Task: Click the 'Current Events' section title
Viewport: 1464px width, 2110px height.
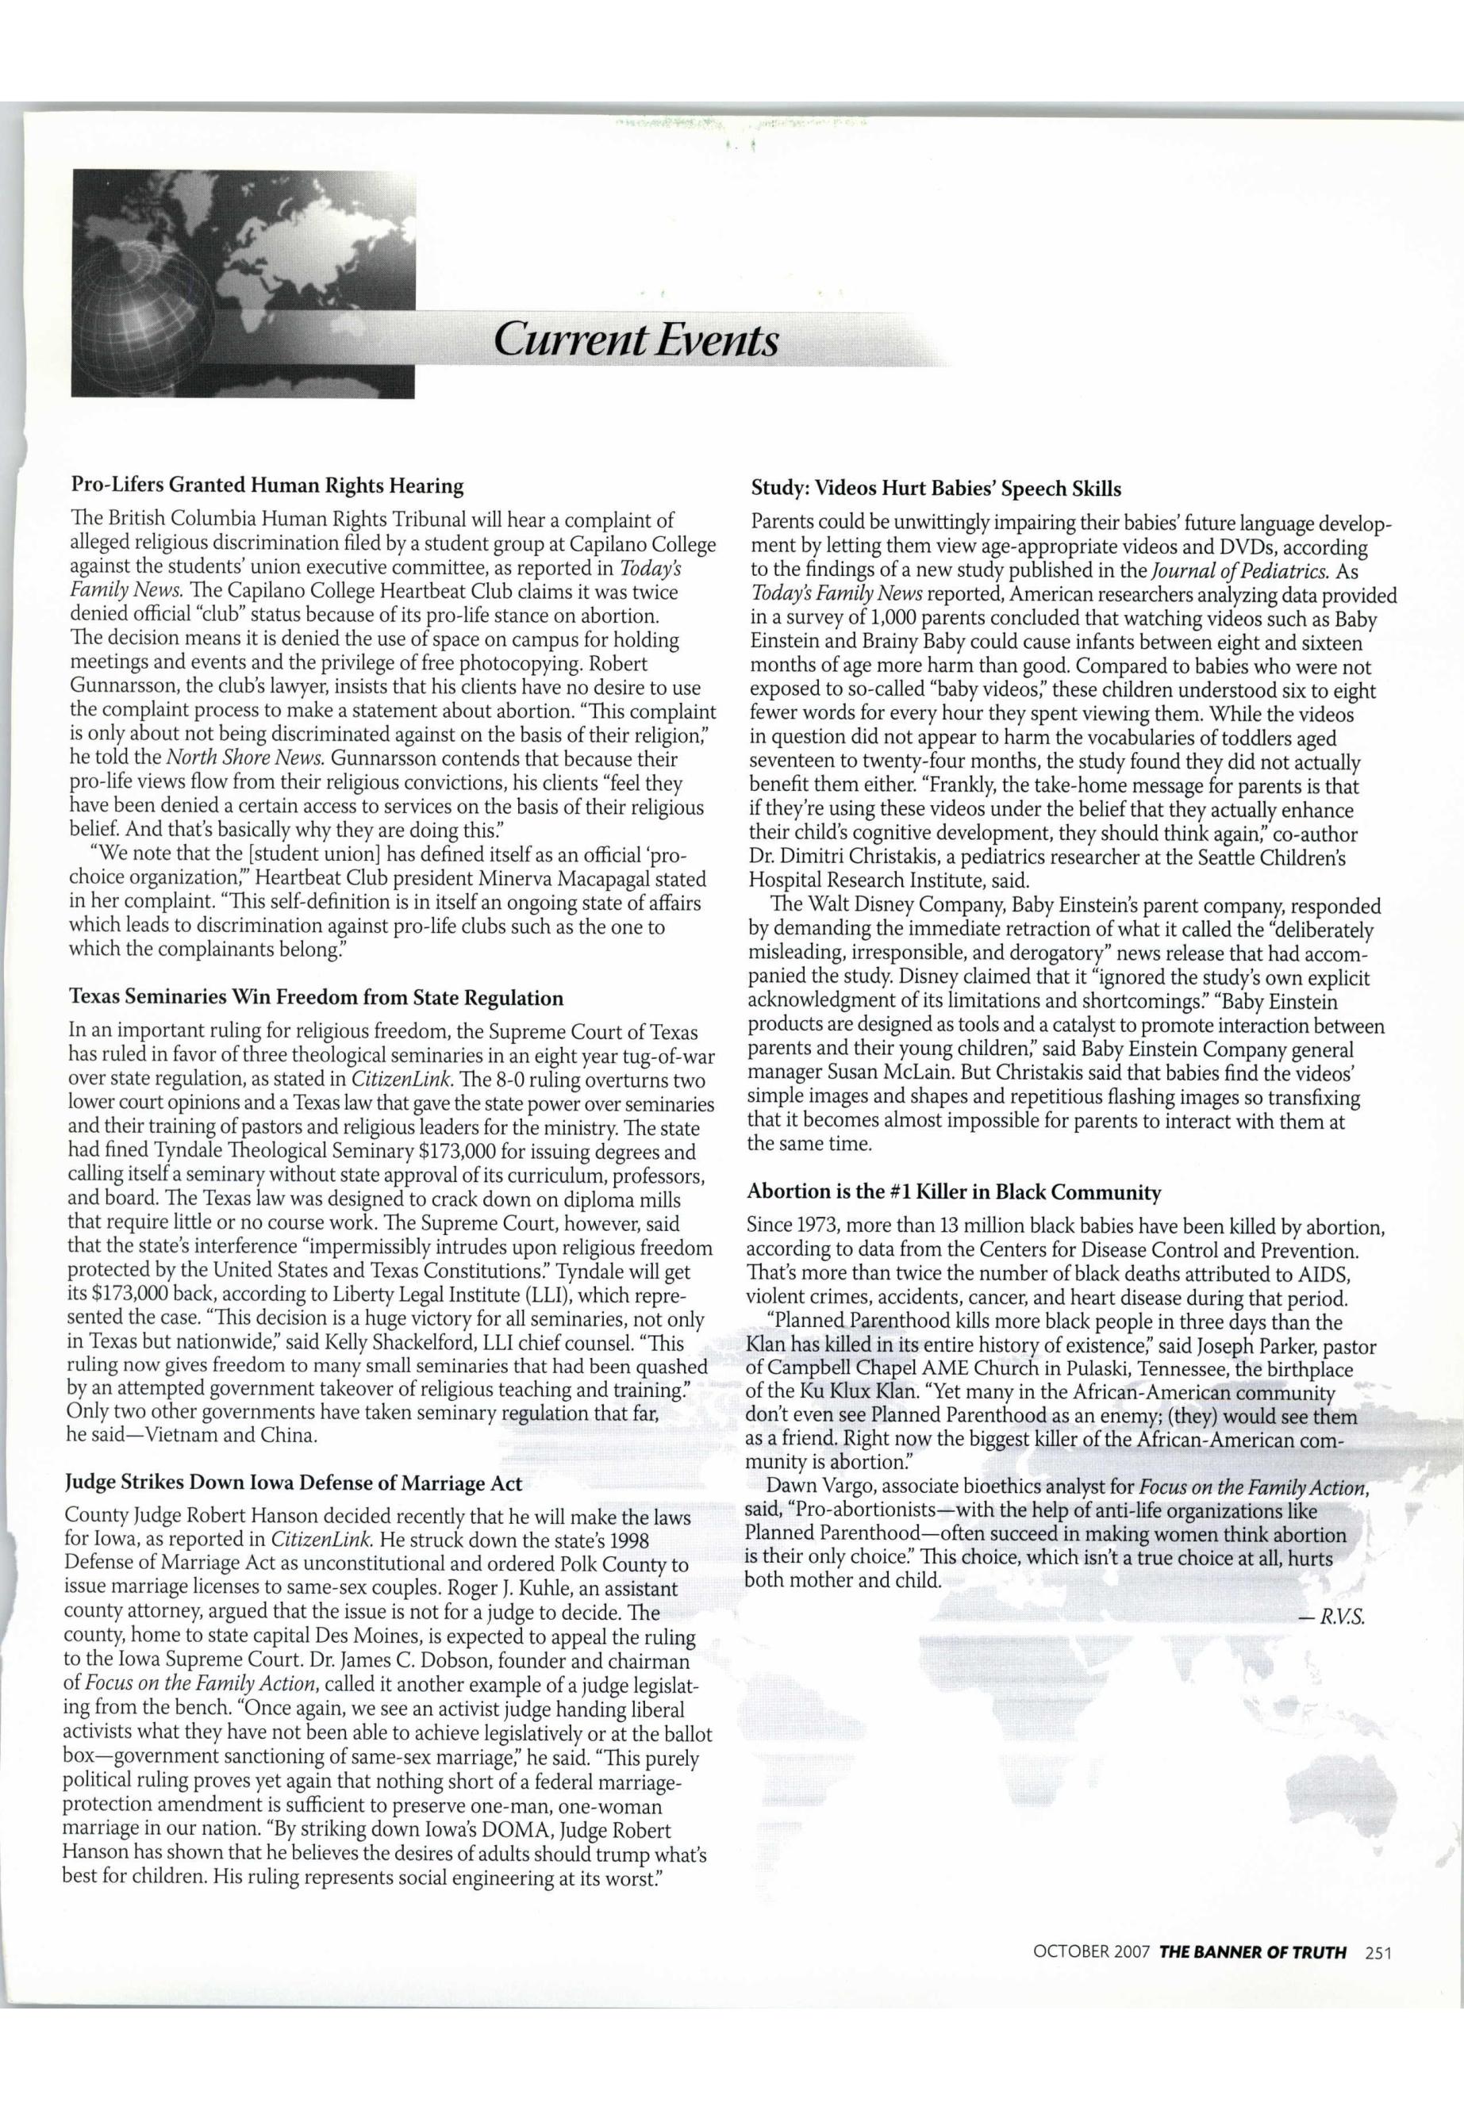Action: [x=636, y=341]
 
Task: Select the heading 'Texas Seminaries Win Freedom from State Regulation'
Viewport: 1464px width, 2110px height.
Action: [x=317, y=997]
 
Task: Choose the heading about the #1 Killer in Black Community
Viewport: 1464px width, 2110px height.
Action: [x=954, y=1192]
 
